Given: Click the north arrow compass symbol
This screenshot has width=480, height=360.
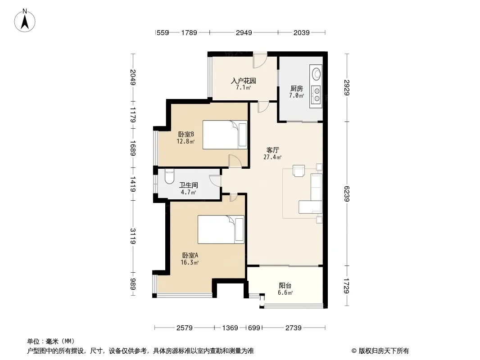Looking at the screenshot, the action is [25, 21].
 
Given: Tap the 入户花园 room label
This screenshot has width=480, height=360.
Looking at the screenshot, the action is [243, 81].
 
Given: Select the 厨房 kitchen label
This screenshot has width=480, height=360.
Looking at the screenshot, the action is [297, 88].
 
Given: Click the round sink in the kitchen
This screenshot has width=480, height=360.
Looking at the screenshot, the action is [317, 74].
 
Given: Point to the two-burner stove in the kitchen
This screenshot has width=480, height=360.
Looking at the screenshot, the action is [316, 94].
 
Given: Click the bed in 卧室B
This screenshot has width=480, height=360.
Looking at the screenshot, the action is [225, 135].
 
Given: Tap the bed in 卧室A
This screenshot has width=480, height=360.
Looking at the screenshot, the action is [221, 229].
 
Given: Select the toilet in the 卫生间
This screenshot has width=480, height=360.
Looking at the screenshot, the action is [169, 176].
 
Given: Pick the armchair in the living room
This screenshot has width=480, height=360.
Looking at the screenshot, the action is [299, 171].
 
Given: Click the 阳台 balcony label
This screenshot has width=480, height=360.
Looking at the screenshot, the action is [285, 286].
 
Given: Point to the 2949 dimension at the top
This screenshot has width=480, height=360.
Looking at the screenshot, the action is [244, 32].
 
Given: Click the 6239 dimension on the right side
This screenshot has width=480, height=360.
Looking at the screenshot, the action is [347, 193].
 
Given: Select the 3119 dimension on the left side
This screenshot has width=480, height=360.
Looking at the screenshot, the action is [133, 236].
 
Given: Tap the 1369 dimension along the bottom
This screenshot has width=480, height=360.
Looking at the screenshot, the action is [230, 328].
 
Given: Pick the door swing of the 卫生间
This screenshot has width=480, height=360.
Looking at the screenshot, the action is [215, 180].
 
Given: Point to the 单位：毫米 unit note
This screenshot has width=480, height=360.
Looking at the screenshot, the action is [51, 341].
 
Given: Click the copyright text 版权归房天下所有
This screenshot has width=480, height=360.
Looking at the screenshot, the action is [384, 351].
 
